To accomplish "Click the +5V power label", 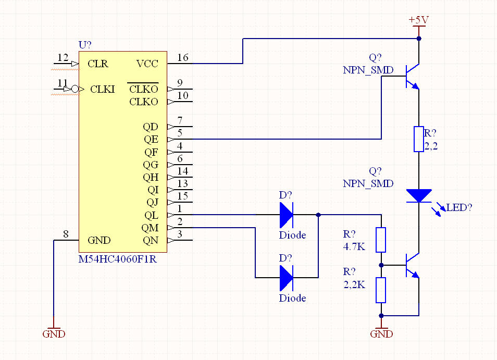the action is tap(418, 20).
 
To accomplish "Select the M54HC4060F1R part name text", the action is tap(117, 259).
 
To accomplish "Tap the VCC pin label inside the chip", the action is tap(147, 64).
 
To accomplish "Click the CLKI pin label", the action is tap(103, 90).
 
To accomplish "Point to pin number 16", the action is tap(183, 58).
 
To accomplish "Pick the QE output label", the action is tap(151, 140).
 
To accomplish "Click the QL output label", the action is tap(151, 216).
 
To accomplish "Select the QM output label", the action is tap(150, 228).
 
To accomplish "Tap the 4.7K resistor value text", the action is tap(354, 246).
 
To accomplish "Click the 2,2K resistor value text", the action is tap(354, 284).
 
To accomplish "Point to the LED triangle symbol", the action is tap(419, 195).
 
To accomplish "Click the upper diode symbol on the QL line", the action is tap(286, 215).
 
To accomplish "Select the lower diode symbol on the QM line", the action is tap(286, 278).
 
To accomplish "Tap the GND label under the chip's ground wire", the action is tap(54, 334).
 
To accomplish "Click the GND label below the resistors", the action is tap(381, 334).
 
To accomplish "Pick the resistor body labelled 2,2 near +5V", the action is tap(419, 139).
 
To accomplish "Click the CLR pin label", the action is tap(98, 64).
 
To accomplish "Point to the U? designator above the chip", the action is tap(85, 45).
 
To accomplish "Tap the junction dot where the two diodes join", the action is tap(318, 215).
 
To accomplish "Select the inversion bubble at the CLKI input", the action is tap(75, 90).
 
